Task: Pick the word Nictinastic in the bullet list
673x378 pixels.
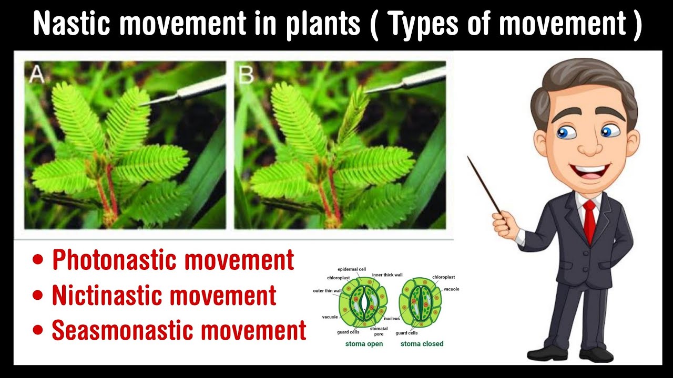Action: tap(112, 296)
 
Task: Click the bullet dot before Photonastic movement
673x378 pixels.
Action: tap(38, 261)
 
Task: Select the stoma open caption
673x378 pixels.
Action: tap(364, 344)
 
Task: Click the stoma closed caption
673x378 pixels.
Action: tap(422, 344)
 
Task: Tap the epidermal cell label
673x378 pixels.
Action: tap(352, 269)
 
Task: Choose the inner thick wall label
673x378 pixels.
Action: tap(388, 275)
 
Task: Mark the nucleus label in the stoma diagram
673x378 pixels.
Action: tap(392, 319)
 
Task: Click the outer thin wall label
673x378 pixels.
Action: tap(328, 291)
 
